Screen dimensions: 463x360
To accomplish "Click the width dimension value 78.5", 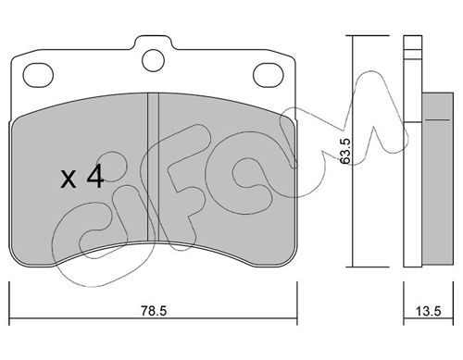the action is point(154,311).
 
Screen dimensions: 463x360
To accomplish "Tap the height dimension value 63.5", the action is point(344,151).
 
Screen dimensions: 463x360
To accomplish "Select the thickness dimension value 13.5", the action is point(429,311).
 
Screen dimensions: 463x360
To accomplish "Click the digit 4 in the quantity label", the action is point(95,176).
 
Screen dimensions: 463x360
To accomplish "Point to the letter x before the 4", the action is point(69,180).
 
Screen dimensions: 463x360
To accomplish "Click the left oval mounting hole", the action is point(38,75).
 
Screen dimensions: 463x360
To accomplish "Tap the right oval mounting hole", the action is point(268,75).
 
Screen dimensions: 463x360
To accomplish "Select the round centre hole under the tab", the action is point(153,60).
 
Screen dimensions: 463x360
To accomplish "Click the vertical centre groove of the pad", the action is point(153,168).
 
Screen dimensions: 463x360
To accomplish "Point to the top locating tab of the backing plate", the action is point(153,43).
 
